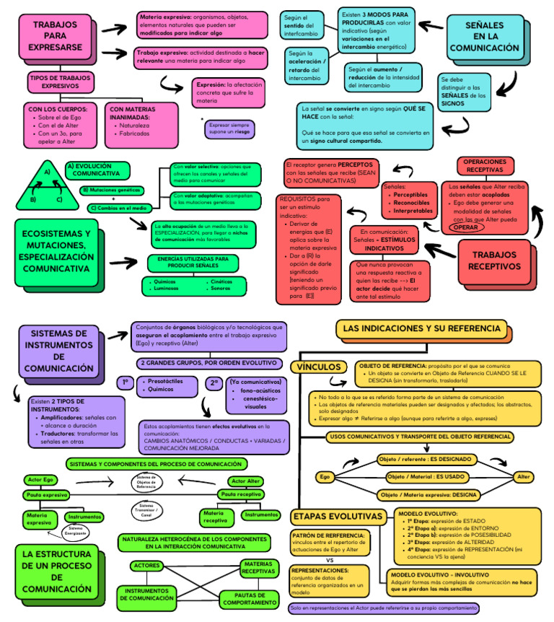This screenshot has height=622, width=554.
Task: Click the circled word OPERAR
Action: tap(465, 227)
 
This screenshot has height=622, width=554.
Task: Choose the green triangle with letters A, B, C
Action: tap(48, 186)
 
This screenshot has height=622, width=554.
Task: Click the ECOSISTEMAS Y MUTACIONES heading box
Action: tap(56, 251)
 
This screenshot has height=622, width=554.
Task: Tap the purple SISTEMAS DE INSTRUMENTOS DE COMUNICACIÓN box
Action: tap(58, 351)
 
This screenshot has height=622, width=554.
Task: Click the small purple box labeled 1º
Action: tap(125, 383)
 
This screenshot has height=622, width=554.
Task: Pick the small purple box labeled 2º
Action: tap(214, 383)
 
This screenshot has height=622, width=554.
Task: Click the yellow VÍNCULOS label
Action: tap(315, 367)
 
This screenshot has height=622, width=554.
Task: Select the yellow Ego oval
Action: tap(325, 477)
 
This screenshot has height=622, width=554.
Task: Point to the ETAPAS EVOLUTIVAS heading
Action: tap(336, 517)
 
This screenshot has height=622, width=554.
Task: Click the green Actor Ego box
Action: tap(40, 480)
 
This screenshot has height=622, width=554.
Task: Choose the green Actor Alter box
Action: tap(245, 481)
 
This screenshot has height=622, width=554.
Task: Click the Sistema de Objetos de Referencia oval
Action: tap(146, 482)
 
